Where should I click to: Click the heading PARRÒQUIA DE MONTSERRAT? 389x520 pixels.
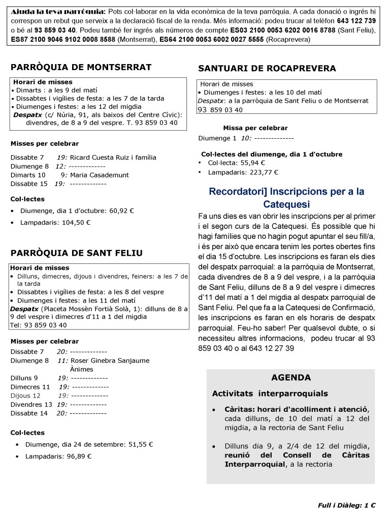pos(81,67)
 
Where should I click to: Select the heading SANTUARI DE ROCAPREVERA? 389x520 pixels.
pos(267,68)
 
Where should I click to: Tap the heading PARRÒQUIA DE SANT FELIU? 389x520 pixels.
pos(76,253)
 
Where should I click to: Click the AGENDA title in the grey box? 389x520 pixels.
pos(291,378)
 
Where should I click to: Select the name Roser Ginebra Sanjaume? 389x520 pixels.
pos(110,360)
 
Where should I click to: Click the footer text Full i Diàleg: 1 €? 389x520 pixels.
pos(346,505)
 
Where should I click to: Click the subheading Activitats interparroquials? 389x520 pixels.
pos(270,393)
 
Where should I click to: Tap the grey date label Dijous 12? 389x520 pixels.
pos(25,395)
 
